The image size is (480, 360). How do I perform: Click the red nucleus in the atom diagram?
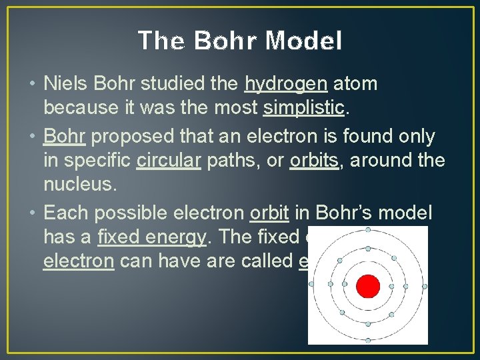[x=367, y=286]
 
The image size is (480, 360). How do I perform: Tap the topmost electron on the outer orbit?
[x=368, y=230]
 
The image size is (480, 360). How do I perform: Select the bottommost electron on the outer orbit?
[x=368, y=341]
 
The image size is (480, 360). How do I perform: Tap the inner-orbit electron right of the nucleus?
[x=391, y=287]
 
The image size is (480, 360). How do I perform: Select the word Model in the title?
[x=303, y=41]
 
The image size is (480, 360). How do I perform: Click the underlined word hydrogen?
[x=286, y=84]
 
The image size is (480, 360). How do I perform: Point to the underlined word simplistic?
[x=305, y=107]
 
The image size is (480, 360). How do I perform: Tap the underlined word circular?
[x=168, y=160]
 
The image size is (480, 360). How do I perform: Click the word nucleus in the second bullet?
[x=79, y=183]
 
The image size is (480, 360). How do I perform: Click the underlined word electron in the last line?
[x=78, y=260]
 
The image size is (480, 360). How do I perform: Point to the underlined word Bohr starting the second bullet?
[x=65, y=137]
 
